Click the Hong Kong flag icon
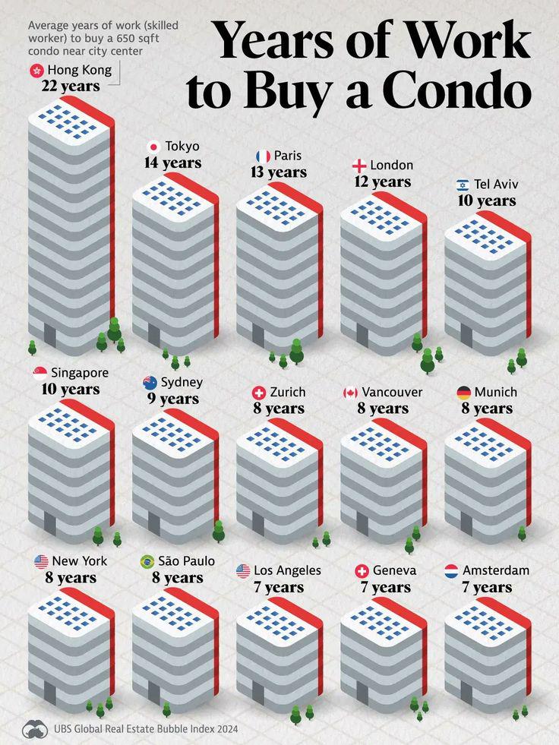point(36,70)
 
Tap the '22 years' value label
point(71,87)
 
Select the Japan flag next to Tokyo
point(153,147)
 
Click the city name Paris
point(288,156)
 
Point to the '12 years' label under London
point(382,182)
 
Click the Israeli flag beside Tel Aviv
point(463,185)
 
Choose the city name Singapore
point(80,373)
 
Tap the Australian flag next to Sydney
point(150,383)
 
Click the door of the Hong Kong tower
point(49,333)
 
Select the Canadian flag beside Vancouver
point(350,393)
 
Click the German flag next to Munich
point(463,393)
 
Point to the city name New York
point(80,561)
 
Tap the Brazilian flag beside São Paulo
point(147,562)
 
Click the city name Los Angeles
point(287,570)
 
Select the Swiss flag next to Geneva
point(362,570)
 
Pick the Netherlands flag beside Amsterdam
point(451,570)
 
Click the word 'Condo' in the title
point(456,90)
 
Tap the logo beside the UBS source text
point(35,729)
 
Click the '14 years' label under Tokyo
point(173,163)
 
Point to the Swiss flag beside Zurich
point(259,393)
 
